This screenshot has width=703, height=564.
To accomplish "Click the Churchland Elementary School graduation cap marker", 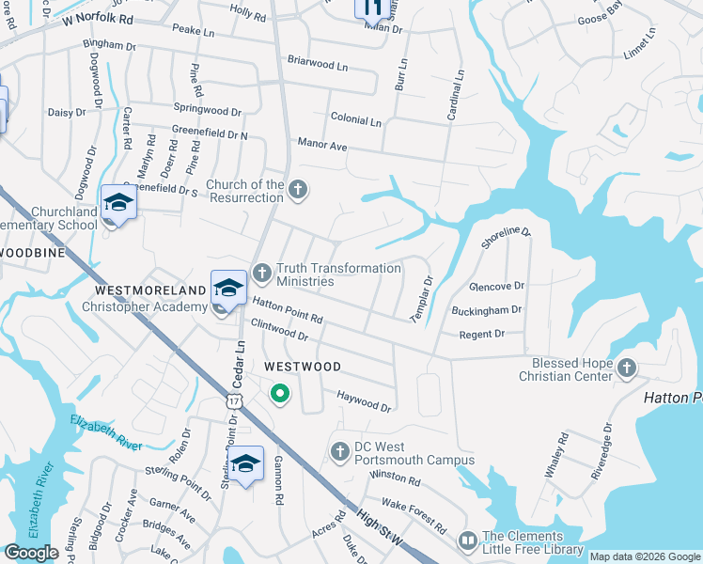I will pyautogui.click(x=118, y=203).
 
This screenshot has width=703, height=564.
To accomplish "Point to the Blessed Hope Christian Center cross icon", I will pyautogui.click(x=626, y=368).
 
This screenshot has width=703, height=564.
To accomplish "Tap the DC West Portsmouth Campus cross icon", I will pyautogui.click(x=341, y=453).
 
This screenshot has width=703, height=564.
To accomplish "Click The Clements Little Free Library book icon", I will pyautogui.click(x=467, y=541).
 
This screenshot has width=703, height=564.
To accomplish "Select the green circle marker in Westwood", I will pyautogui.click(x=279, y=394).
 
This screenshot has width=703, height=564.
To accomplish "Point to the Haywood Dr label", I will pyautogui.click(x=363, y=401).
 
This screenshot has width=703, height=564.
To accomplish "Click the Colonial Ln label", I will pyautogui.click(x=355, y=121).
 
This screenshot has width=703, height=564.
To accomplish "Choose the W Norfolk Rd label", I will pyautogui.click(x=99, y=19).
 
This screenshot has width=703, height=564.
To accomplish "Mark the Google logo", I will pyautogui.click(x=31, y=553).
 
